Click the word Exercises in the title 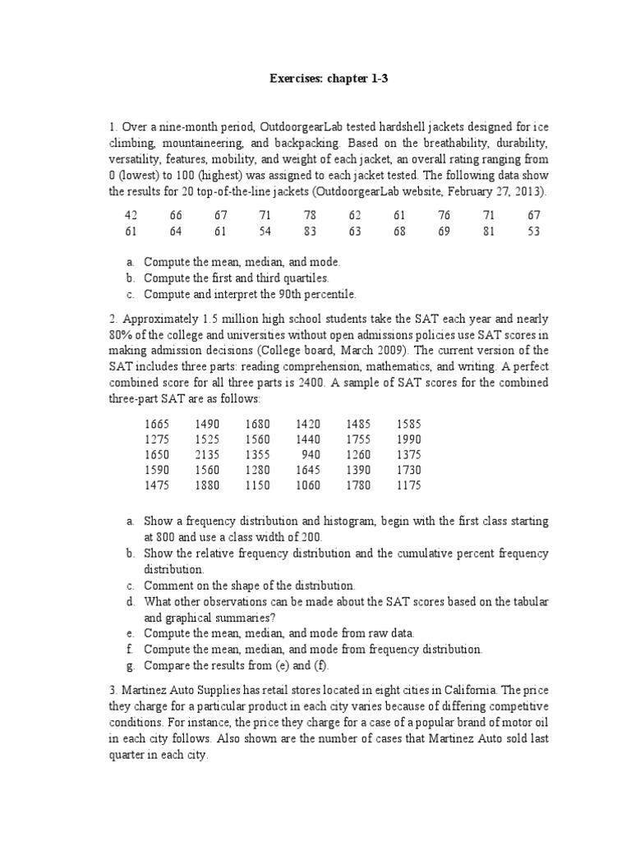pyautogui.click(x=299, y=80)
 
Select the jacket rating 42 pyautogui.click(x=130, y=215)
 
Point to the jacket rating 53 pyautogui.click(x=534, y=232)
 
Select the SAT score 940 pyautogui.click(x=311, y=454)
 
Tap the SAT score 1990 pyautogui.click(x=408, y=439)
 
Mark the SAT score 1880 pyautogui.click(x=208, y=485)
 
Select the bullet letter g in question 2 pyautogui.click(x=130, y=664)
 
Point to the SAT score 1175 pyautogui.click(x=408, y=485)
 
